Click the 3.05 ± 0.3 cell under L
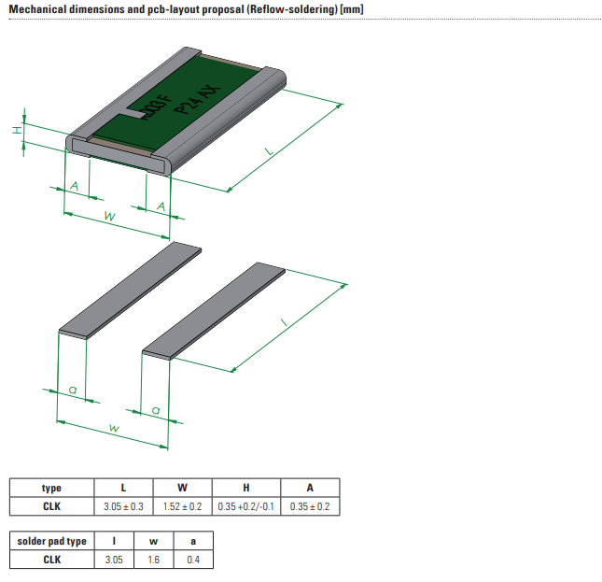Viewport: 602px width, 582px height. pos(124,506)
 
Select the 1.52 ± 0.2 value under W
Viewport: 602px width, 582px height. pos(183,506)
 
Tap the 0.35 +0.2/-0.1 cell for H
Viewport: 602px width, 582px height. pos(246,506)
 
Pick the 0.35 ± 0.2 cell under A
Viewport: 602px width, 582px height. pos(310,506)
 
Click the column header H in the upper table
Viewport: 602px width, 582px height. pos(246,488)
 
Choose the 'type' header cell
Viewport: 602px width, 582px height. pos(52,488)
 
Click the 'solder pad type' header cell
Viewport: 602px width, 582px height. pos(52,541)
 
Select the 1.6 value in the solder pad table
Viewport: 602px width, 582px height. pos(154,560)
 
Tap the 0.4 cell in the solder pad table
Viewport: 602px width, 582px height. pos(193,560)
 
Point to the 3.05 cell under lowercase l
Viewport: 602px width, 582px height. pos(115,560)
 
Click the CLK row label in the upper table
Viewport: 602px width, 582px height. pos(52,506)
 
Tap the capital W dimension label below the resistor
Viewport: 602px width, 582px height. pos(109,216)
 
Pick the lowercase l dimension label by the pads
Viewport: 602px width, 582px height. pos(284,322)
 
